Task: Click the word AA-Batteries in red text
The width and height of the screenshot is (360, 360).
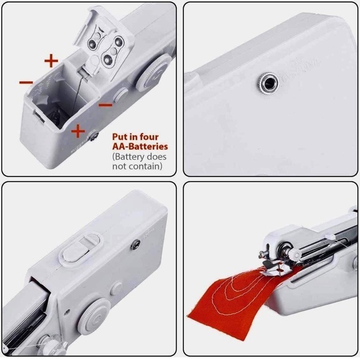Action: [x=140, y=146]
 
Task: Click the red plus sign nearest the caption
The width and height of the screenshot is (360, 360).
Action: [x=78, y=131]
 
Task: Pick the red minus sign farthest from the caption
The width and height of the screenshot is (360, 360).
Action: [x=27, y=81]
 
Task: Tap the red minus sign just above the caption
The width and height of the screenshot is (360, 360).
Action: [x=106, y=105]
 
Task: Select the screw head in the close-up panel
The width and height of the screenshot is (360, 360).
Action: [x=268, y=82]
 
